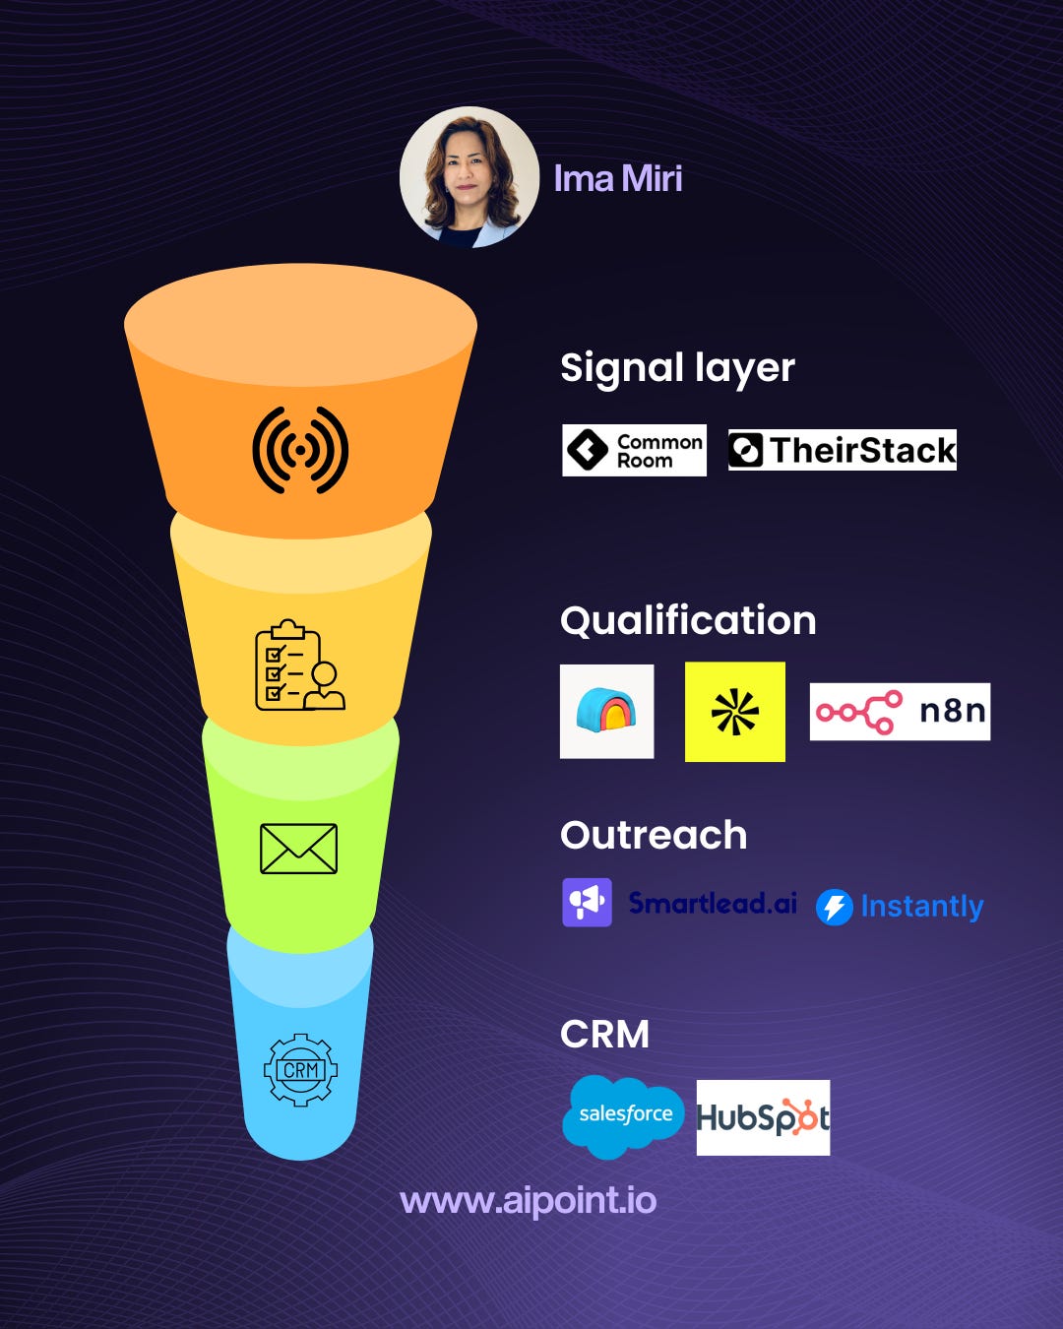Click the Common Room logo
pos(634,451)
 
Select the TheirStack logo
pos(842,450)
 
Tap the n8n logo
pos(900,711)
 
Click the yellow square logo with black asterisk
pos(735,712)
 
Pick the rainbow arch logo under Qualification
pos(606,712)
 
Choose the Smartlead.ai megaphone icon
pos(587,902)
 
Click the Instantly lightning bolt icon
pos(834,907)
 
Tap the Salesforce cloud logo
pos(624,1115)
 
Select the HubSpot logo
pos(763,1117)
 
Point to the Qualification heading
pos(688,621)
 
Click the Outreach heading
pos(654,836)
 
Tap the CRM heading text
pos(604,1035)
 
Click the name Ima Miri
pos(618,179)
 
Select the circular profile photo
pos(469,177)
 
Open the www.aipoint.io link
pos(528,1201)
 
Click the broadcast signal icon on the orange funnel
pos(300,450)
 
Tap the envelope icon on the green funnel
pos(298,849)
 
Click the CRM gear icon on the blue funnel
pos(300,1070)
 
